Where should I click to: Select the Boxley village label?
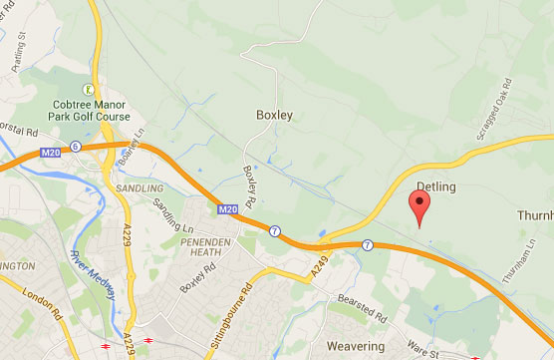(x=273, y=115)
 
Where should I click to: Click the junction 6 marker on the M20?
(x=76, y=147)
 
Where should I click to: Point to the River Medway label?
(x=95, y=269)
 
